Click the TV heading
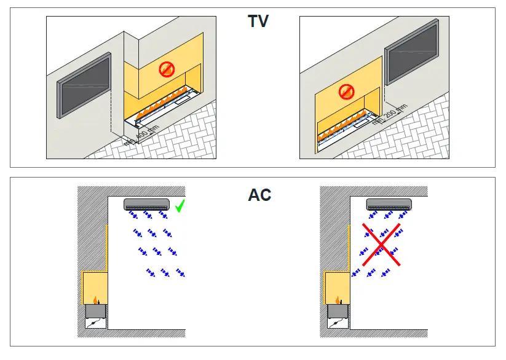258,22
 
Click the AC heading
259,195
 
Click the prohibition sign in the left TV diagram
167,69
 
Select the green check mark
180,206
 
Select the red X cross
381,245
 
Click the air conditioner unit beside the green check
146,203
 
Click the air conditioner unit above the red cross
389,203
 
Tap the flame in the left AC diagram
95,299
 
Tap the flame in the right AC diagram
338,299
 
